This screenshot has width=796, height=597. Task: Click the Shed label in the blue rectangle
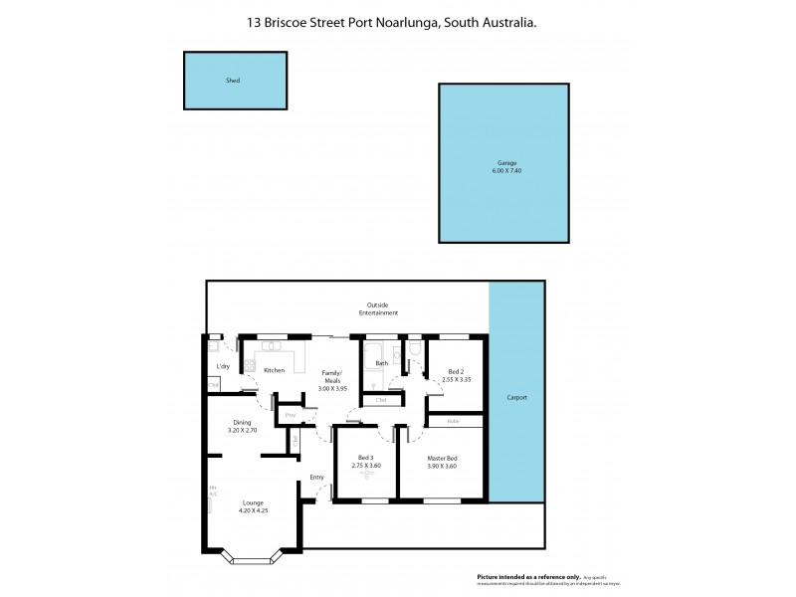point(233,81)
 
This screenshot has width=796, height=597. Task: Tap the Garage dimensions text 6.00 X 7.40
point(506,171)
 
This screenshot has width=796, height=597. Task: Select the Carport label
point(516,397)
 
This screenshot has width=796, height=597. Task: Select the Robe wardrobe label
point(454,421)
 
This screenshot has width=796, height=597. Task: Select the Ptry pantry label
point(291,414)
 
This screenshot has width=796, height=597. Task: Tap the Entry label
point(316,477)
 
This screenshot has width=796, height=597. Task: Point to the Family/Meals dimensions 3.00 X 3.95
point(331,388)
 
